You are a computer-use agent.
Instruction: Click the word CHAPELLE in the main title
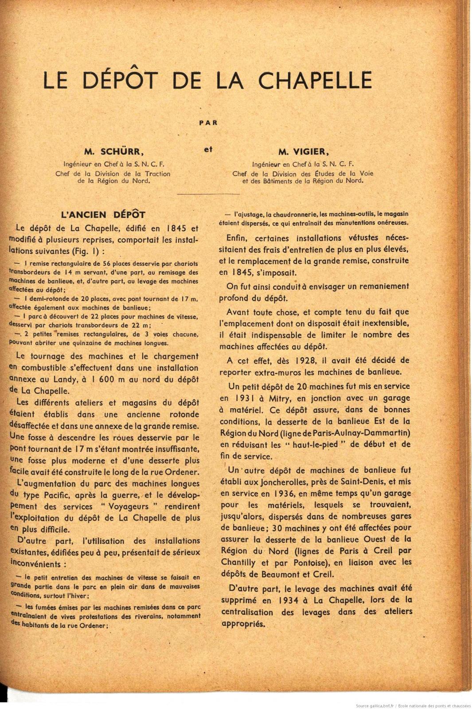pyautogui.click(x=315, y=80)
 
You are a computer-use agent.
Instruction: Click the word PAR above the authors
pyautogui.click(x=208, y=123)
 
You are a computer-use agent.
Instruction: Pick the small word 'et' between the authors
pyautogui.click(x=208, y=149)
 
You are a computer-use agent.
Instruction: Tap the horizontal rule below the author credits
pyautogui.click(x=208, y=194)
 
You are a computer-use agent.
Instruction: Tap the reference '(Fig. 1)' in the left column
pyautogui.click(x=86, y=251)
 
